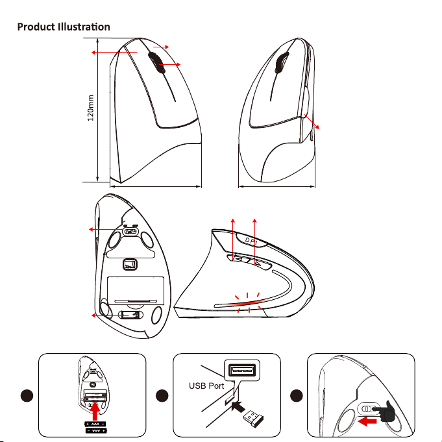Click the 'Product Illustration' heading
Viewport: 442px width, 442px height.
point(64,27)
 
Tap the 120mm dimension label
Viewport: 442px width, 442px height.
point(90,108)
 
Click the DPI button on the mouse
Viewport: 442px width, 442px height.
point(251,241)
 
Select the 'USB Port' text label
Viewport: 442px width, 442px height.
point(206,386)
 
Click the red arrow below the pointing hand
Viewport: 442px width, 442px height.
point(367,422)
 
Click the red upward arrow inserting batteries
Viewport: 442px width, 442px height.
point(95,411)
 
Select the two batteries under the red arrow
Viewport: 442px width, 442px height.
point(95,427)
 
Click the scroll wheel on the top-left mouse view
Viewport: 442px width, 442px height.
point(155,62)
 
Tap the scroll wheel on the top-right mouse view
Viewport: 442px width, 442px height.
point(282,62)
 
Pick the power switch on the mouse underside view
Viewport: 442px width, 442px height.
point(131,232)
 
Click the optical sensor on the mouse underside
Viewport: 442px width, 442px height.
point(130,265)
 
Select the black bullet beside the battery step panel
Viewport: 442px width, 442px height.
point(27,395)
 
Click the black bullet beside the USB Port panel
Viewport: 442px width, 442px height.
point(162,395)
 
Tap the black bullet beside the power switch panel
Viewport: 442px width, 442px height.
point(296,395)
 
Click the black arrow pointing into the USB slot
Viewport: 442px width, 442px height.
point(238,407)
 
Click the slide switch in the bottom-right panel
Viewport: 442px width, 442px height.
point(367,409)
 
